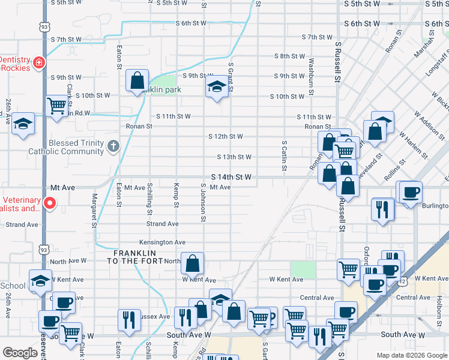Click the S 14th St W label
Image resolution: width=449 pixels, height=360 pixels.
231,177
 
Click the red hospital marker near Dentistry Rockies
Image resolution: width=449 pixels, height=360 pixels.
39,62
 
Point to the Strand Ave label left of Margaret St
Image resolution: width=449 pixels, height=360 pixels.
23,224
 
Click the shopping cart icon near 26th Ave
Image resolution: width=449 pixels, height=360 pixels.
56,106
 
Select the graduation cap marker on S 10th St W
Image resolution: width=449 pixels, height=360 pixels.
217,87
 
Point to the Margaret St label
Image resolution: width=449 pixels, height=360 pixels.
94,211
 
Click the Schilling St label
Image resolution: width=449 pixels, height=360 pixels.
149,199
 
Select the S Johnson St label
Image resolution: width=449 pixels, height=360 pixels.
203,202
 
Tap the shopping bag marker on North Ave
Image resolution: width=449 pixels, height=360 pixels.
192,263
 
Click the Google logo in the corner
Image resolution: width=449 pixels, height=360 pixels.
20,353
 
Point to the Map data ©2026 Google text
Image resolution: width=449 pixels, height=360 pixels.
411,355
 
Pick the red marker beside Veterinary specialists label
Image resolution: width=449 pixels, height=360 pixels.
50,203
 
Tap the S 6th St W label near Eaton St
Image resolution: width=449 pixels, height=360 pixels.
191,23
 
